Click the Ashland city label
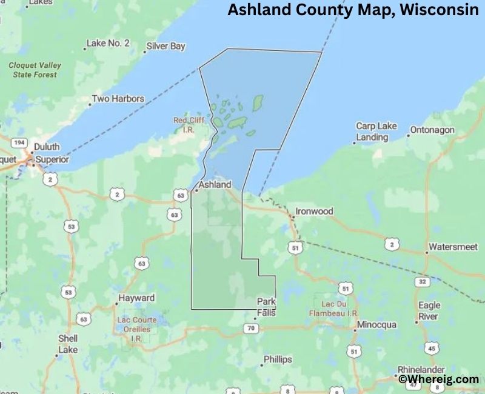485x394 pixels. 215,184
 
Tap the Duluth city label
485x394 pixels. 47,147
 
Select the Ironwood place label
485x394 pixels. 314,212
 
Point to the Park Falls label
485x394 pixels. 266,307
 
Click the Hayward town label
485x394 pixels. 136,298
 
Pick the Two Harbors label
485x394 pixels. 118,98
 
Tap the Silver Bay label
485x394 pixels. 166,46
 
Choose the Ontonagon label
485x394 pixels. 432,130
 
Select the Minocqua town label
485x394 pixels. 376,325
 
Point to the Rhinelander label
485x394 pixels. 421,369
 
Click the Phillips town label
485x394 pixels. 277,359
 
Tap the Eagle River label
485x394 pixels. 429,311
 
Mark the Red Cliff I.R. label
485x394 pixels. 189,124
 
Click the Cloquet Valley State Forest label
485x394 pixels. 35,70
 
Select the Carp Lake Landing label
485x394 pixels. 376,132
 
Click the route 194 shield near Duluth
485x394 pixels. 18,142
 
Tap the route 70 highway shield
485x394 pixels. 252,329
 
